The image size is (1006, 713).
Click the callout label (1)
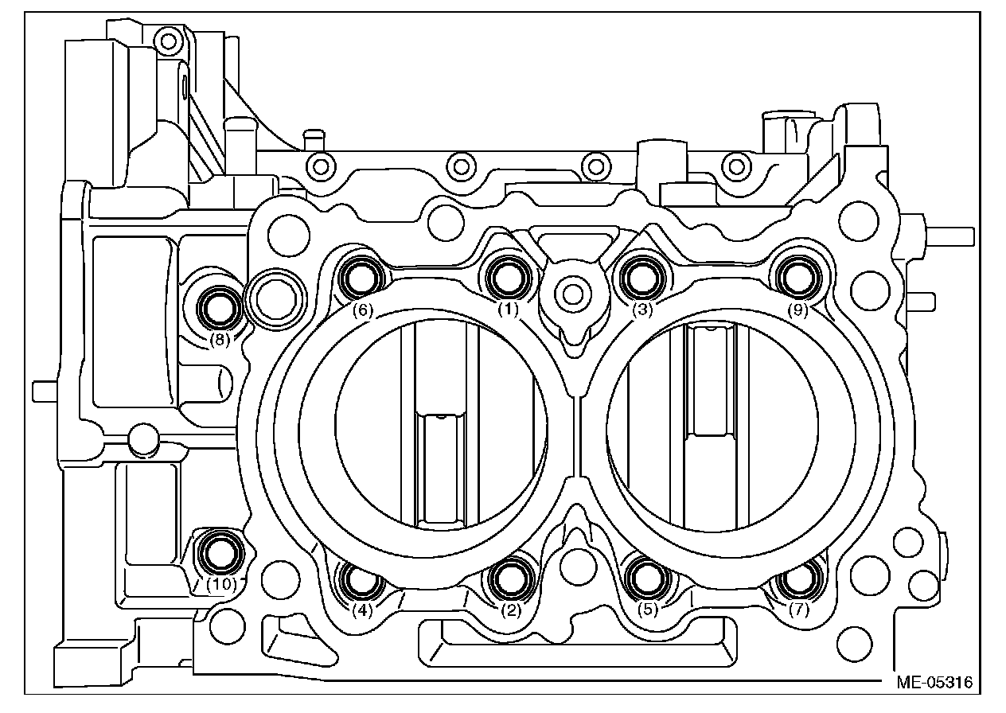coord(508,310)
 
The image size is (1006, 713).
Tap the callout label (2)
coord(510,610)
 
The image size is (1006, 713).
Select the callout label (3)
coord(643,310)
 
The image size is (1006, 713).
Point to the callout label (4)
coord(362,611)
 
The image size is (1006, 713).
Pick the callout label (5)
coord(648,610)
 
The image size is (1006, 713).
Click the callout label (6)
coord(363,310)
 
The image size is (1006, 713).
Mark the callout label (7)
coord(798,610)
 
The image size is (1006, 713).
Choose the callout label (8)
coord(220,339)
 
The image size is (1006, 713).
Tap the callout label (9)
coord(798,310)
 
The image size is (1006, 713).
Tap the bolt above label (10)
coord(220,551)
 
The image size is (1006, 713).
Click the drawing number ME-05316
coord(934,683)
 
